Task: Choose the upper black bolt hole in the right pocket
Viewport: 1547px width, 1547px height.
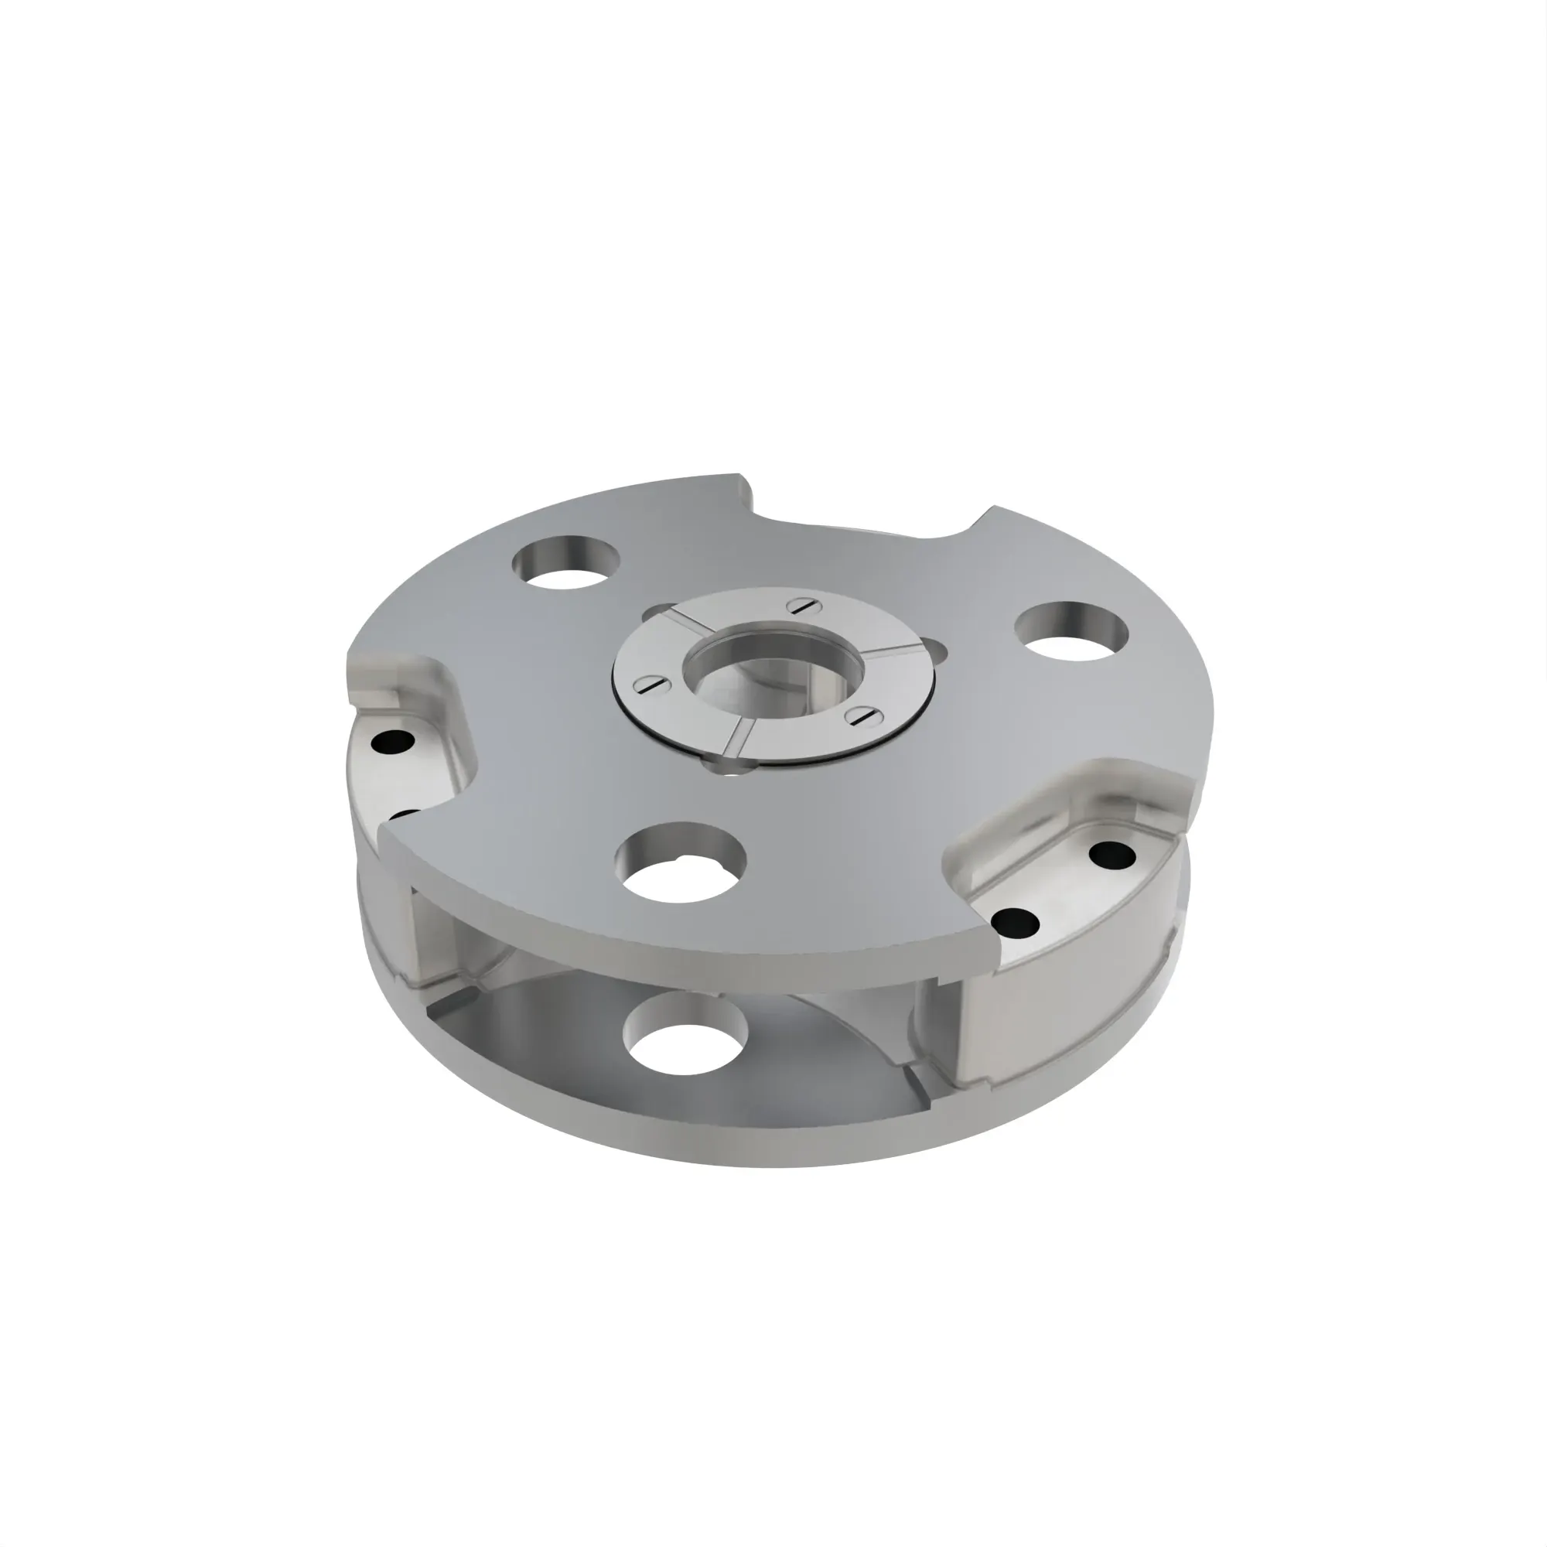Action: point(1112,855)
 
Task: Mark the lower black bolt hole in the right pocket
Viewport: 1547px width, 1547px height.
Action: point(1016,924)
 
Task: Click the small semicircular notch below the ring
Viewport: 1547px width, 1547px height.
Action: point(725,769)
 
